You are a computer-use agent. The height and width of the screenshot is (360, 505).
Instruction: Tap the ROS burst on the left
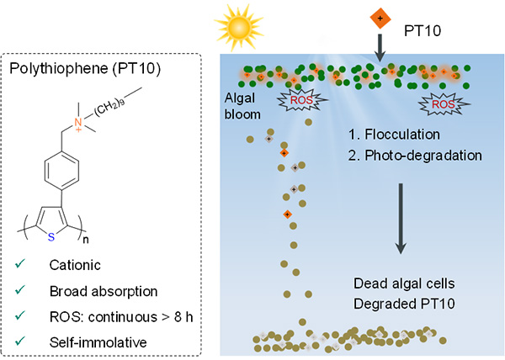[300, 99]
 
